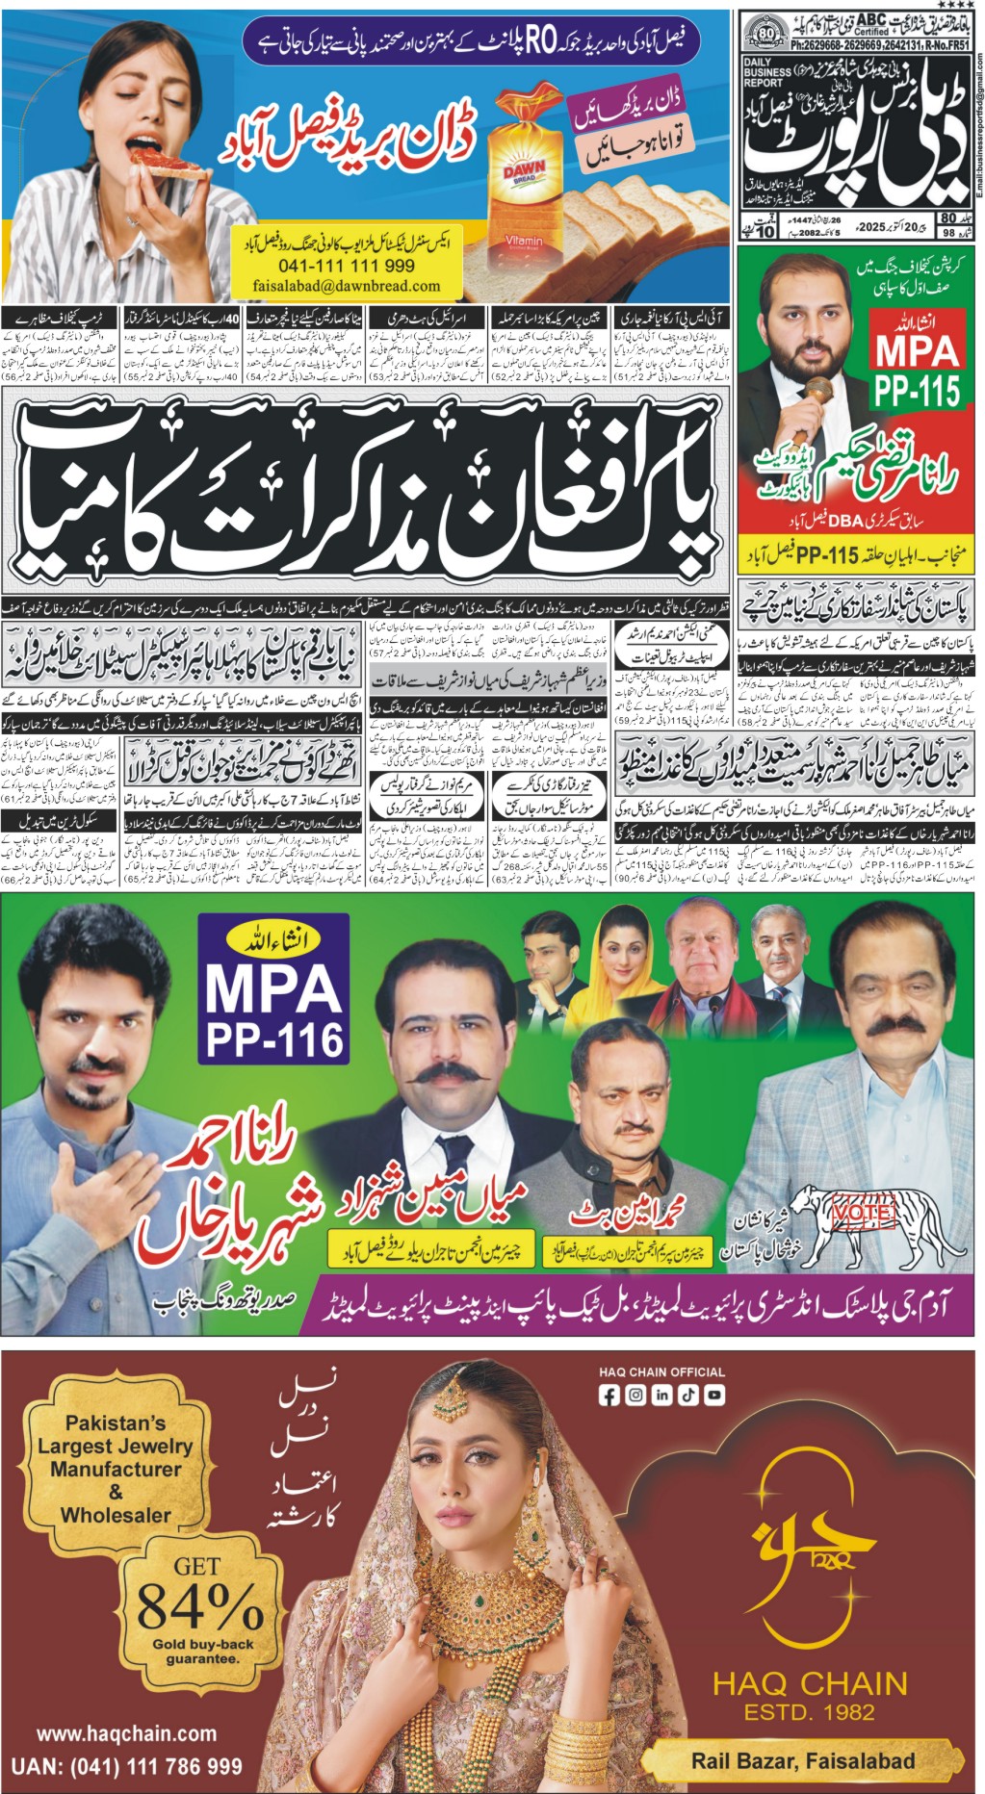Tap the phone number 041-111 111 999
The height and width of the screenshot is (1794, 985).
pos(347,266)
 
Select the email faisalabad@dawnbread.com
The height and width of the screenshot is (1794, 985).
pos(347,286)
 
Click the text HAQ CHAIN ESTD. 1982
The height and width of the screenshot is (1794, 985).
pos(809,1695)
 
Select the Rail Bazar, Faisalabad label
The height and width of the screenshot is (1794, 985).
pos(803,1760)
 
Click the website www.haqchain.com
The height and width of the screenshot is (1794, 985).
pos(126,1733)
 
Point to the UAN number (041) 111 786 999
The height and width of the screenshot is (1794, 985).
pos(126,1766)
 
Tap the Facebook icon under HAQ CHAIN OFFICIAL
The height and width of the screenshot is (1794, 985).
pos(609,1395)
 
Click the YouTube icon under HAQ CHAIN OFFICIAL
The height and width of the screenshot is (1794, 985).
pos(715,1395)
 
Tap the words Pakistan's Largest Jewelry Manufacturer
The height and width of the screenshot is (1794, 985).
pos(116,1457)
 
